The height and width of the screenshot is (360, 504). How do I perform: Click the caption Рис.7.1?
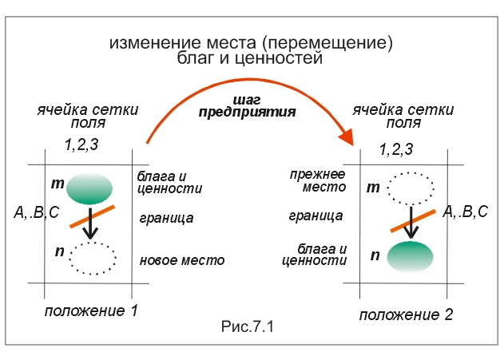coord(247,326)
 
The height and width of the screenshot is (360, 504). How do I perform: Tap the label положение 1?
coord(91,311)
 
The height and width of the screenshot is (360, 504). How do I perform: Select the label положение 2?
coord(406,315)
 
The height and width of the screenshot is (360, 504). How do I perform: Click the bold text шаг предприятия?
coord(247,107)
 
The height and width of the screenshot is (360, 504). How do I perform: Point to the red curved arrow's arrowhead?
coord(347,137)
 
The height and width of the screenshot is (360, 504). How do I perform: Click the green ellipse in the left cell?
coord(89,188)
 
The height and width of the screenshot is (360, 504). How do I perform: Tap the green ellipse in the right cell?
coord(410,257)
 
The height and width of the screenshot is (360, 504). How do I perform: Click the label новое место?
coord(182,260)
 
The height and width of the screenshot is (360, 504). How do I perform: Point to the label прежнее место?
coord(318,180)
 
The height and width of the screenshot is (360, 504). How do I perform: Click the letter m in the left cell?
coord(58,184)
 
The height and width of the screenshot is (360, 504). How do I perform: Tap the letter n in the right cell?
coord(375,255)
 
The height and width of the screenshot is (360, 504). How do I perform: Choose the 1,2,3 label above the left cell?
coord(81,144)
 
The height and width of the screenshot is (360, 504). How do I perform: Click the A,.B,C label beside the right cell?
coord(466,212)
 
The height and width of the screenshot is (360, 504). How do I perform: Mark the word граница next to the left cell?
coord(166,219)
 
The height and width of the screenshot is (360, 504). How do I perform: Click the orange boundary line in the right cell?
coord(413,220)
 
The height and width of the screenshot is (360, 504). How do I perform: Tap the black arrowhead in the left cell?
coord(90,233)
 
